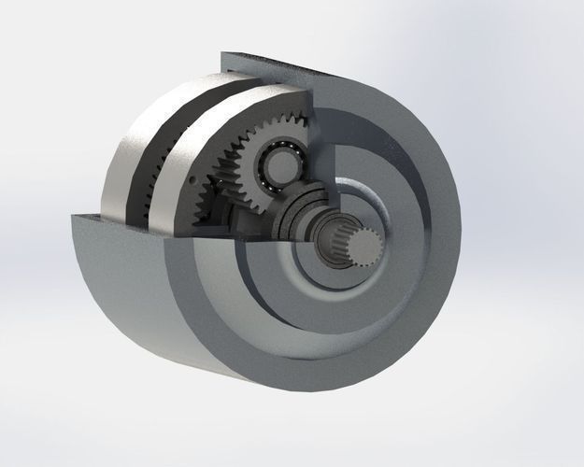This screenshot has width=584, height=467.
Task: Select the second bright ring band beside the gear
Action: (187, 140)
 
